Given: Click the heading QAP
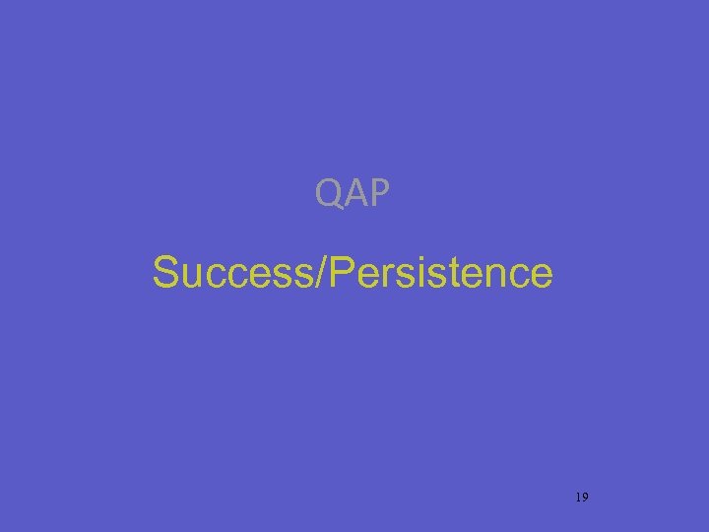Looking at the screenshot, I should (x=353, y=193).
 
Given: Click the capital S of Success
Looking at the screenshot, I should (x=165, y=273).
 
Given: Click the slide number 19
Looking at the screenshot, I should (x=581, y=498).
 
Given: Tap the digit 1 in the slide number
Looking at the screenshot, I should (x=577, y=498).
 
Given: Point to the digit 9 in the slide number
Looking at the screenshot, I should (x=585, y=498).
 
